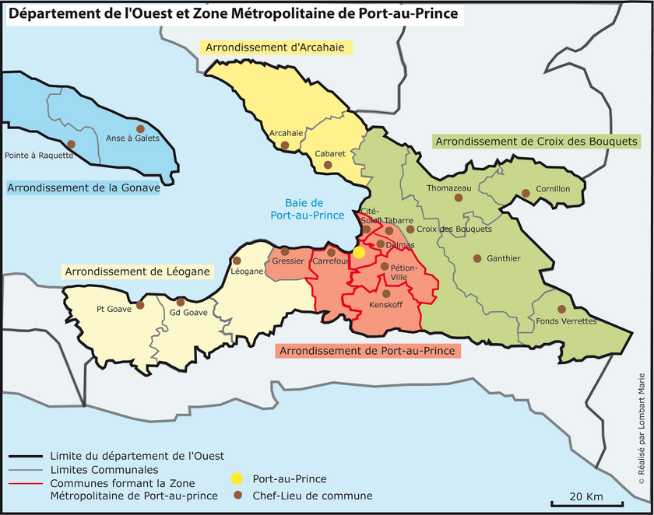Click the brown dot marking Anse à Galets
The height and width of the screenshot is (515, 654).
[140, 128]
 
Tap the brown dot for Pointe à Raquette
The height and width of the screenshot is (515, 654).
[71, 144]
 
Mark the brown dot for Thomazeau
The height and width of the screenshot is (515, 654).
[459, 199]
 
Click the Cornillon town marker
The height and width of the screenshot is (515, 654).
[526, 193]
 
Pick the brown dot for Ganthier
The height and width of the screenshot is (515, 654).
[477, 258]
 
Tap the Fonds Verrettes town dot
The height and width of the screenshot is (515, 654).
[561, 309]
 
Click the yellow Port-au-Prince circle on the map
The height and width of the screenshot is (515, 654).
[359, 252]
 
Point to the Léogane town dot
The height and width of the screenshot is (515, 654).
[237, 261]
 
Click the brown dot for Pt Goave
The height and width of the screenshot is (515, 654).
[140, 305]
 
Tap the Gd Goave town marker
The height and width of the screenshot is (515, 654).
[181, 302]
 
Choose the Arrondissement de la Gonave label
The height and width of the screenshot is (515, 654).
[83, 187]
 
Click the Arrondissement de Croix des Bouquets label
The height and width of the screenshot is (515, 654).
[537, 142]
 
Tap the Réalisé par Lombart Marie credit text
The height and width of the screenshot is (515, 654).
[642, 440]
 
